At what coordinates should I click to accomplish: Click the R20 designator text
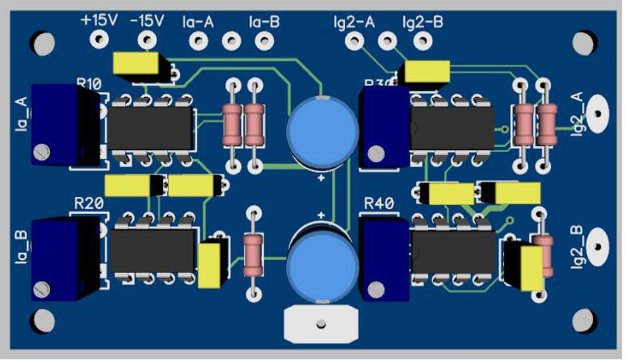pyautogui.click(x=88, y=203)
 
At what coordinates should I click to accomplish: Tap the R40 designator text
pyautogui.click(x=380, y=203)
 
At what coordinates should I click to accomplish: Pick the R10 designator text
pyautogui.click(x=89, y=83)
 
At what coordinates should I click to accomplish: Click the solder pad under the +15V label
pyautogui.click(x=99, y=39)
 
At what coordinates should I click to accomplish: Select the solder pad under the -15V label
pyautogui.click(x=148, y=39)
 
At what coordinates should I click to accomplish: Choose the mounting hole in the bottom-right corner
pyautogui.click(x=582, y=316)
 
